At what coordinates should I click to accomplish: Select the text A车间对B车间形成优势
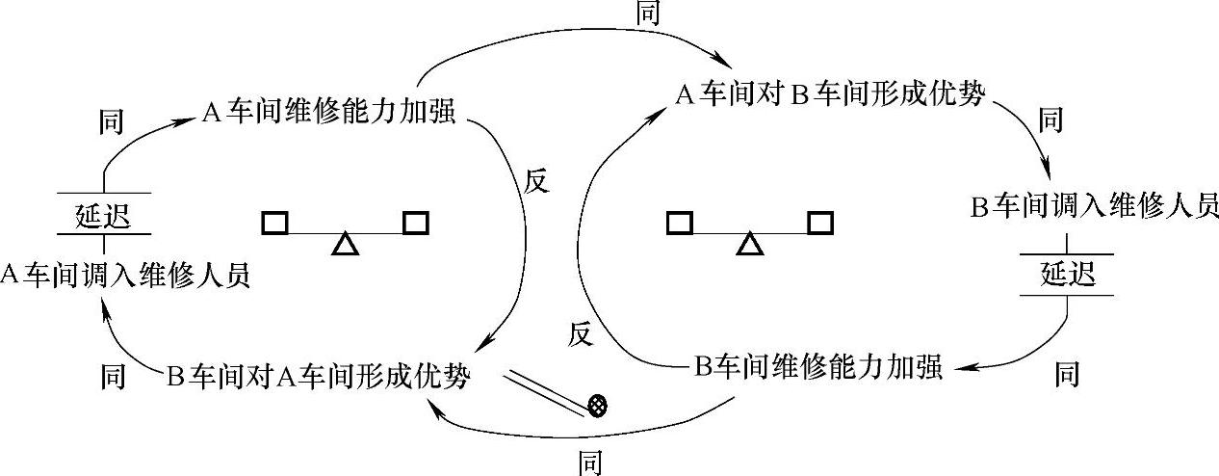click(830, 95)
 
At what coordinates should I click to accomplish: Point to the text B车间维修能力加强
click(817, 367)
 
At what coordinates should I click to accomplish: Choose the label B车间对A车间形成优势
click(319, 376)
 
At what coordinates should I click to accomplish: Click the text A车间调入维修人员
click(125, 275)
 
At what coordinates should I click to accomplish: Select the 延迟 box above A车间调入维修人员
click(102, 214)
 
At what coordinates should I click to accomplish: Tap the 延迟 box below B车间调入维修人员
click(1068, 275)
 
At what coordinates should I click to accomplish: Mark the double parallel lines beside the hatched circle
click(547, 391)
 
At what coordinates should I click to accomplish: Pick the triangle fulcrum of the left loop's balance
click(344, 244)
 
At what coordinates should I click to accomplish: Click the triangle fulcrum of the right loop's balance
click(749, 244)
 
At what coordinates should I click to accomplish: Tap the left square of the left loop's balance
click(274, 224)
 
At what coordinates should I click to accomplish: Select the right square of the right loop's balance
click(820, 224)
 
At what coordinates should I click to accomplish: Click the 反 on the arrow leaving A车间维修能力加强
click(534, 182)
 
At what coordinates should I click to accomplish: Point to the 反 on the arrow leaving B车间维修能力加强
click(579, 333)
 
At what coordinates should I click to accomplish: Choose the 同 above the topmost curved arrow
click(649, 13)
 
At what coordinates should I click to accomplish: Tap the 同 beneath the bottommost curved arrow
click(589, 463)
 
